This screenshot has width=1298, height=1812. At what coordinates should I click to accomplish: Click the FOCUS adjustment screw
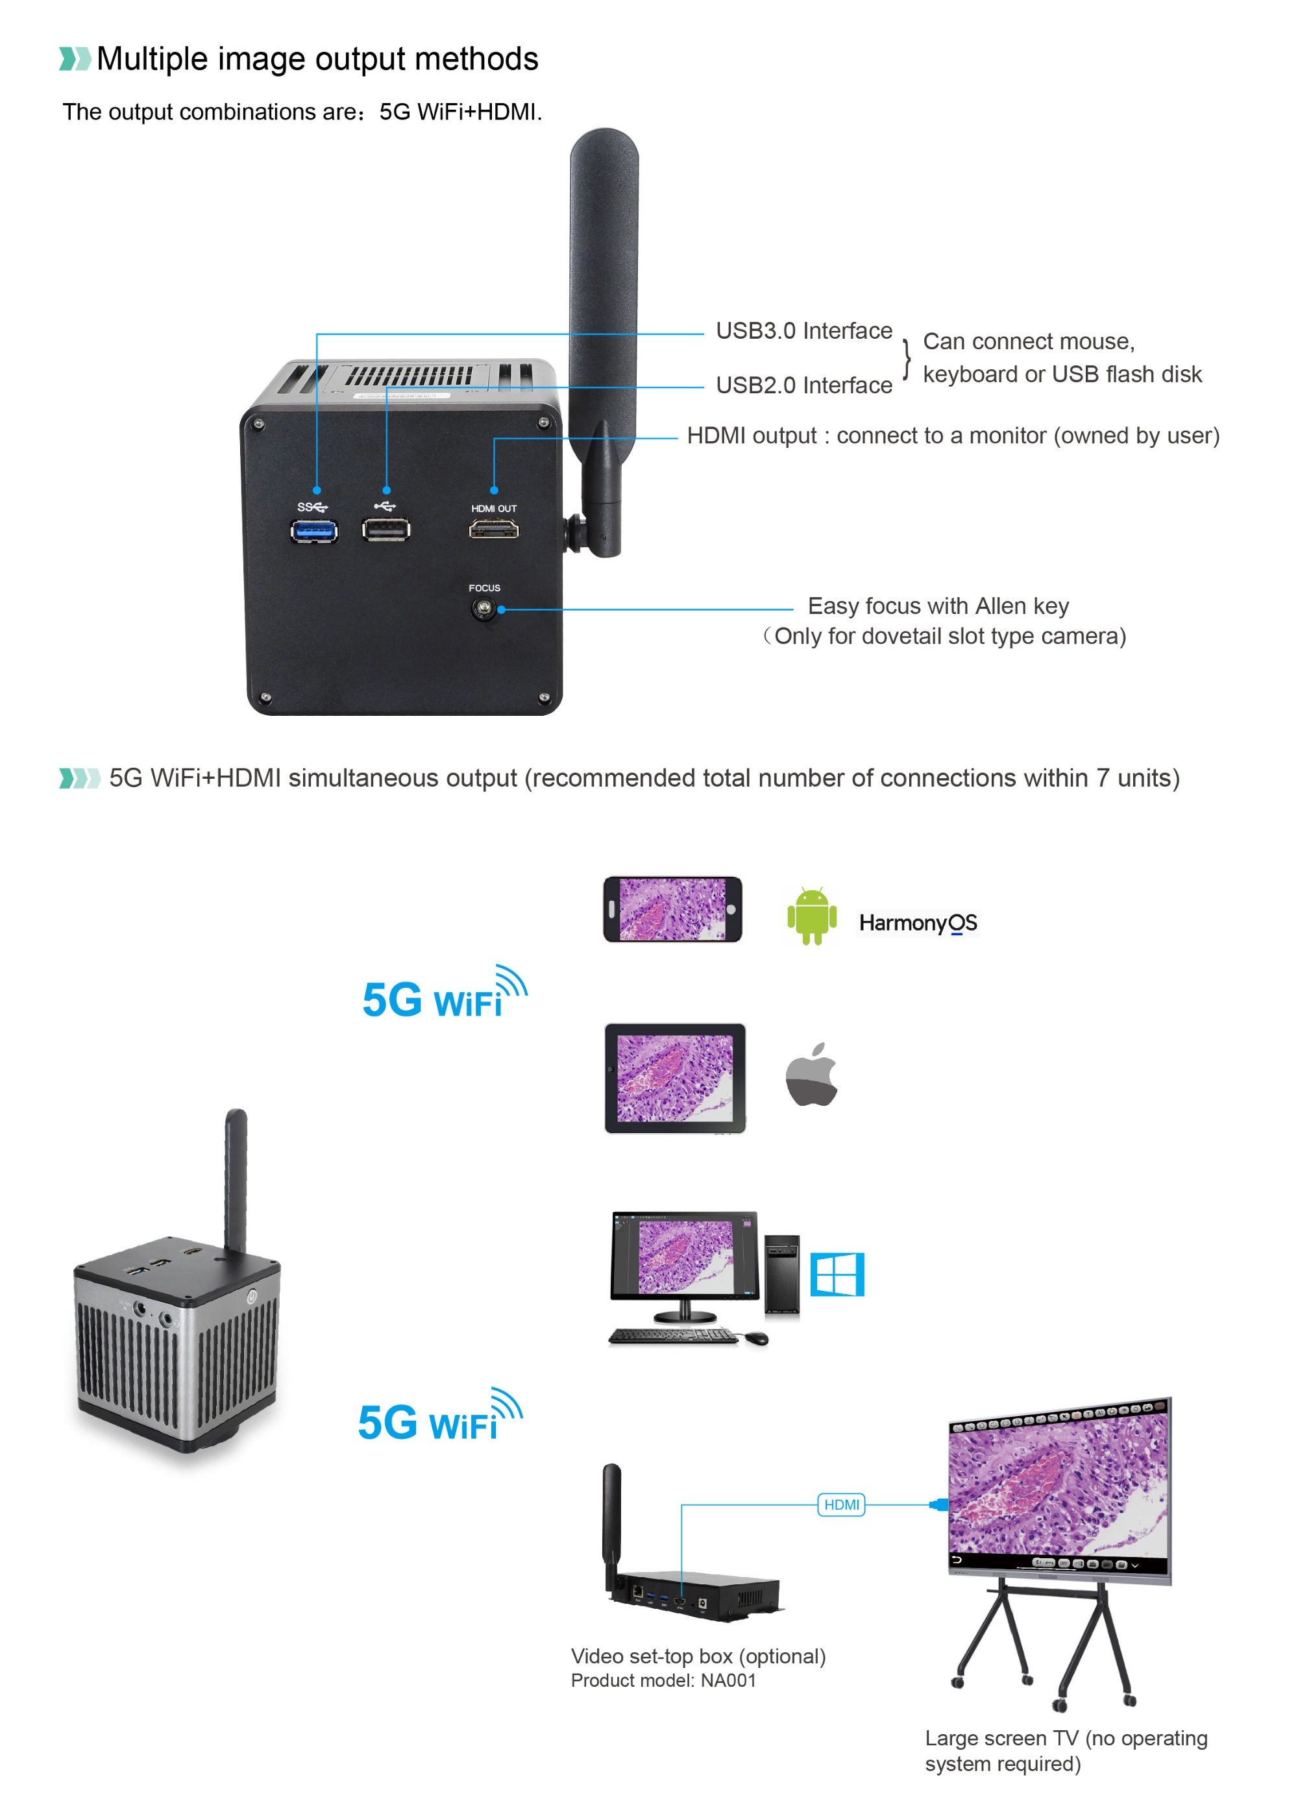[482, 609]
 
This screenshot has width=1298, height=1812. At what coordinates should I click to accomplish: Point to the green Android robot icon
[811, 916]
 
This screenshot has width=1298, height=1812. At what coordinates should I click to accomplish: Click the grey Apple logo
[811, 1075]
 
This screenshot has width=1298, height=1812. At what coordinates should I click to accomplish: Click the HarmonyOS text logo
[918, 923]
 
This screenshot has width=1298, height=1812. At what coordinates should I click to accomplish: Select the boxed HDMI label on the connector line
[841, 1504]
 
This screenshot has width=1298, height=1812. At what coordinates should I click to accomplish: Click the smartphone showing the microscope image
[672, 909]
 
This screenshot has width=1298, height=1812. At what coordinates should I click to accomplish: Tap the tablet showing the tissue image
[675, 1078]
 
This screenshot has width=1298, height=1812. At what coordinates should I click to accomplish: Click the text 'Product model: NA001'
[663, 1680]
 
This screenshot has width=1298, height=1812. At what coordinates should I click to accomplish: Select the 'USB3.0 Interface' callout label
[803, 331]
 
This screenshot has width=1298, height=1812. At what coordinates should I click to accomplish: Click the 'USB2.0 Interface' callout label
[803, 385]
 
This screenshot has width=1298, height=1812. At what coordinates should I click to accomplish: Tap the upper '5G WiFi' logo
[444, 996]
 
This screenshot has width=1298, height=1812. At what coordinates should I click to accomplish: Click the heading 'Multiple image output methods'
[317, 59]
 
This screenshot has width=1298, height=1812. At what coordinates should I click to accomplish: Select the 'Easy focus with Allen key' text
[938, 606]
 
